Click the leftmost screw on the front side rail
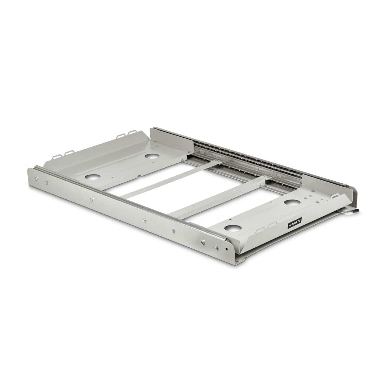click(x=37, y=178)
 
